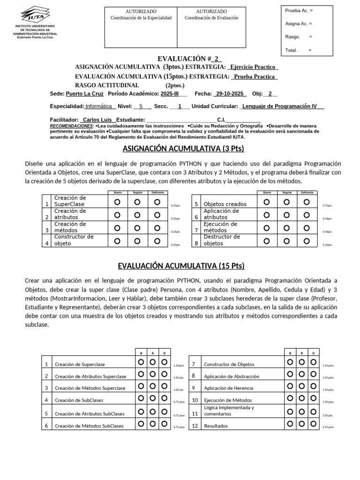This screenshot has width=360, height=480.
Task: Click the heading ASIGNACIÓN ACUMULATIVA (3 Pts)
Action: tap(183, 149)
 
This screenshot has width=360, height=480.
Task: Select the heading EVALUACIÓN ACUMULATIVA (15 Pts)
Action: tap(181, 266)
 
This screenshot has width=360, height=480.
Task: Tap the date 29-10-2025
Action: tap(230, 94)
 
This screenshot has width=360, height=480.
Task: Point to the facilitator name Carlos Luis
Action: tap(97, 120)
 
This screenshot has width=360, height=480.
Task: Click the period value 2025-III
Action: tap(171, 94)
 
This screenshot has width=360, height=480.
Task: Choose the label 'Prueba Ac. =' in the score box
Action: tap(299, 10)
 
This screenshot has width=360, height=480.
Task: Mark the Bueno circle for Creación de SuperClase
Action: tap(117, 202)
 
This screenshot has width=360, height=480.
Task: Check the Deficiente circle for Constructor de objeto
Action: tap(157, 241)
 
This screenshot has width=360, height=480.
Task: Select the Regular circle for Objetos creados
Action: tap(286, 202)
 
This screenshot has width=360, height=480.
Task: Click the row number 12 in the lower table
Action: tap(195, 426)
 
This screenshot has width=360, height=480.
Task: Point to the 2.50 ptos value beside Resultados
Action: tap(328, 427)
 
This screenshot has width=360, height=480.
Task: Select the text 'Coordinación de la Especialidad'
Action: tap(141, 18)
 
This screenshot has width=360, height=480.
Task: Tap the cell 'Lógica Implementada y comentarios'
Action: tap(229, 411)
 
